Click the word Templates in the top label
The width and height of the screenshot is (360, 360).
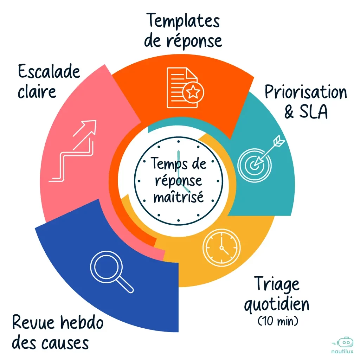183,21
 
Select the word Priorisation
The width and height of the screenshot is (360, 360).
306,92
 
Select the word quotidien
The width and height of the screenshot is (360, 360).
276,304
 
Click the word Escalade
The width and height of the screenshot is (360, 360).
49,72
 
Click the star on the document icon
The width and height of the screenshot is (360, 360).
193,92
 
